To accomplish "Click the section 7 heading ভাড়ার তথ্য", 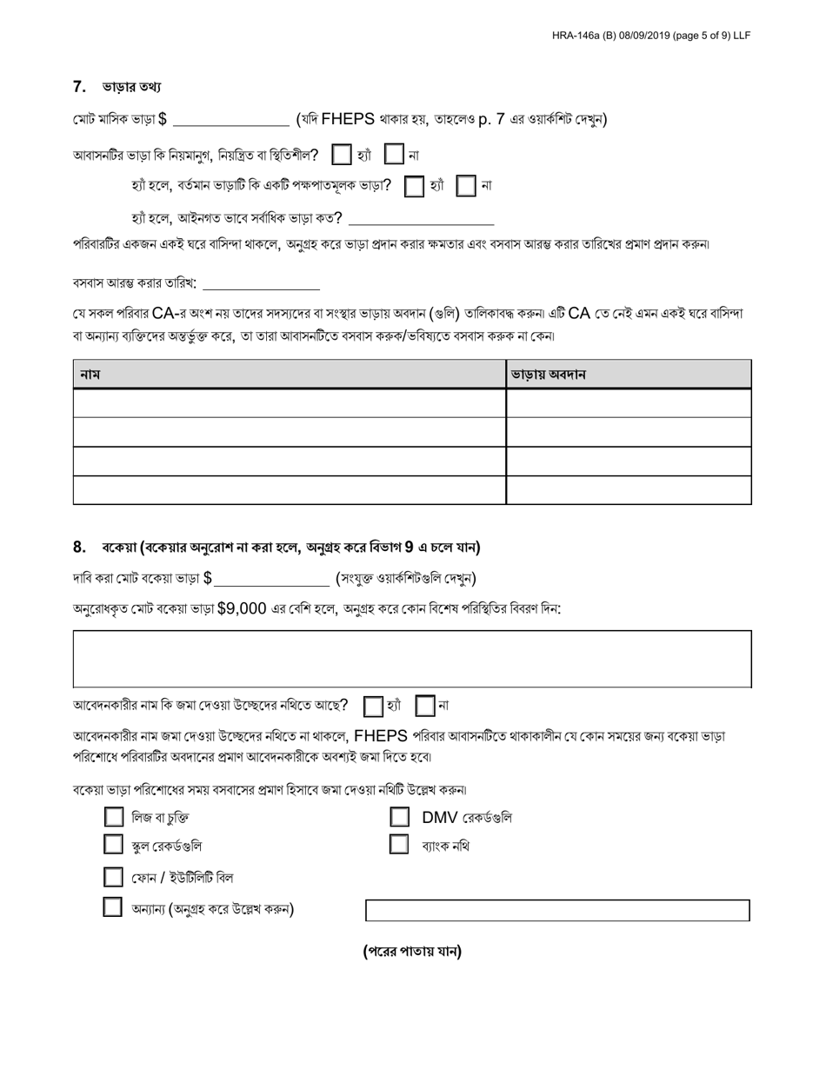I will (x=130, y=87).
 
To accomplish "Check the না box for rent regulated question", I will (x=395, y=156).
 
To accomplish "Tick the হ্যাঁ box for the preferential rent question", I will (x=416, y=186).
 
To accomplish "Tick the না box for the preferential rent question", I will (x=467, y=186).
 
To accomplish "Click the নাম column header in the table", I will (x=90, y=375).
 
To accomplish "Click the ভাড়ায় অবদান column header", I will (x=548, y=375).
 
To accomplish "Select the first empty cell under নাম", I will (x=289, y=403).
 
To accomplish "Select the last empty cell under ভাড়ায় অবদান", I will (x=628, y=490).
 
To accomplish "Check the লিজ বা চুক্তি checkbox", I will (x=113, y=817).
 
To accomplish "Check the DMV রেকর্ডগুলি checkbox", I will (x=399, y=817).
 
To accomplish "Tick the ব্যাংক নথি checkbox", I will (x=399, y=845).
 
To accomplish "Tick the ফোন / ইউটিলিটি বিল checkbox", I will (x=113, y=877).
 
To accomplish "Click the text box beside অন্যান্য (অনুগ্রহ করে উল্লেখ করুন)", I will (x=556, y=910).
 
